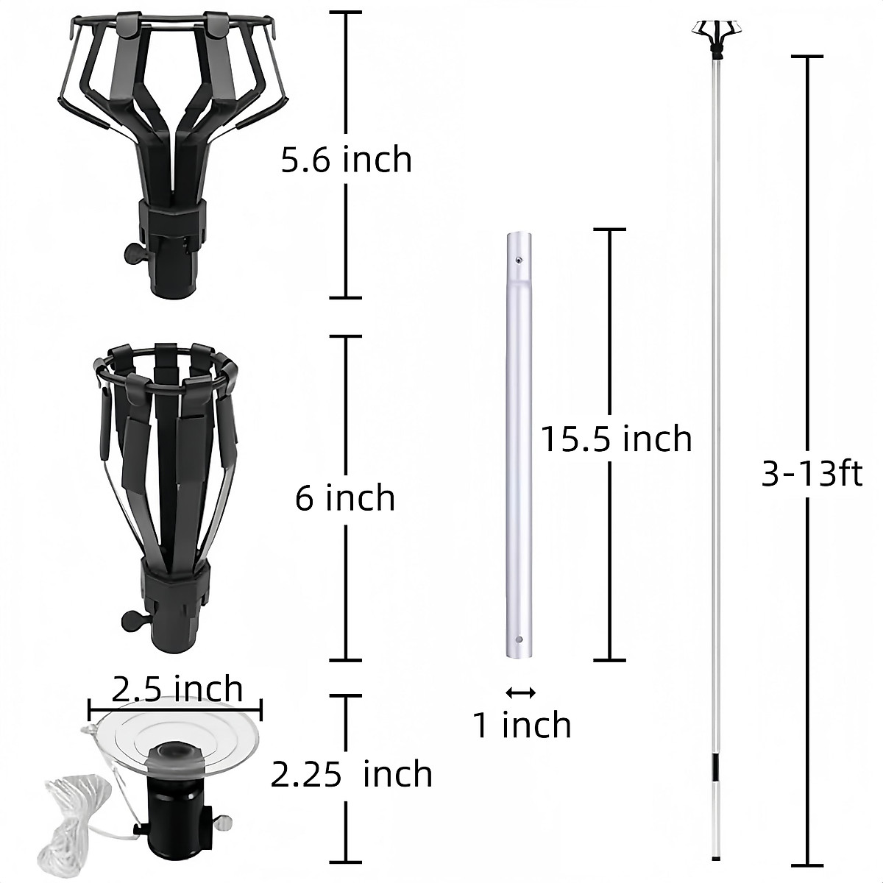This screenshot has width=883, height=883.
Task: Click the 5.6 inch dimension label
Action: tap(347, 160)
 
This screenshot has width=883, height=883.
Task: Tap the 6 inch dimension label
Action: tap(345, 498)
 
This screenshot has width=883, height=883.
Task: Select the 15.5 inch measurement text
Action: tap(617, 439)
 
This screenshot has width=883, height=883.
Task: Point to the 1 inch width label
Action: tap(522, 725)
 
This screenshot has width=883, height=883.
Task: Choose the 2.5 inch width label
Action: tap(177, 689)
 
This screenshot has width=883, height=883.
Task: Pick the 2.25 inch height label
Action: tap(351, 774)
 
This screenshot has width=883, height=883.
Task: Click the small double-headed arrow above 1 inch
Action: tap(521, 692)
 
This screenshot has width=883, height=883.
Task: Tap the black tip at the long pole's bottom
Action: tap(716, 857)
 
